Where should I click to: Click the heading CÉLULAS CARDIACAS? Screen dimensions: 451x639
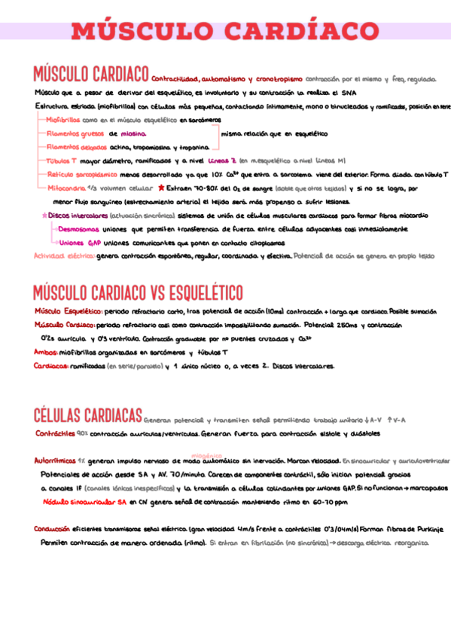[87, 415]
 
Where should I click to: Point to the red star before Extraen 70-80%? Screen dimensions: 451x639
[162, 187]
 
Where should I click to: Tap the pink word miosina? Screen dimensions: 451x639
[133, 133]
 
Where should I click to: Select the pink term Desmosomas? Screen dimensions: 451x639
[78, 229]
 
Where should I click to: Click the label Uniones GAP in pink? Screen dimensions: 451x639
[80, 243]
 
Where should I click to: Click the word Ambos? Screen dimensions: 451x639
[47, 352]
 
